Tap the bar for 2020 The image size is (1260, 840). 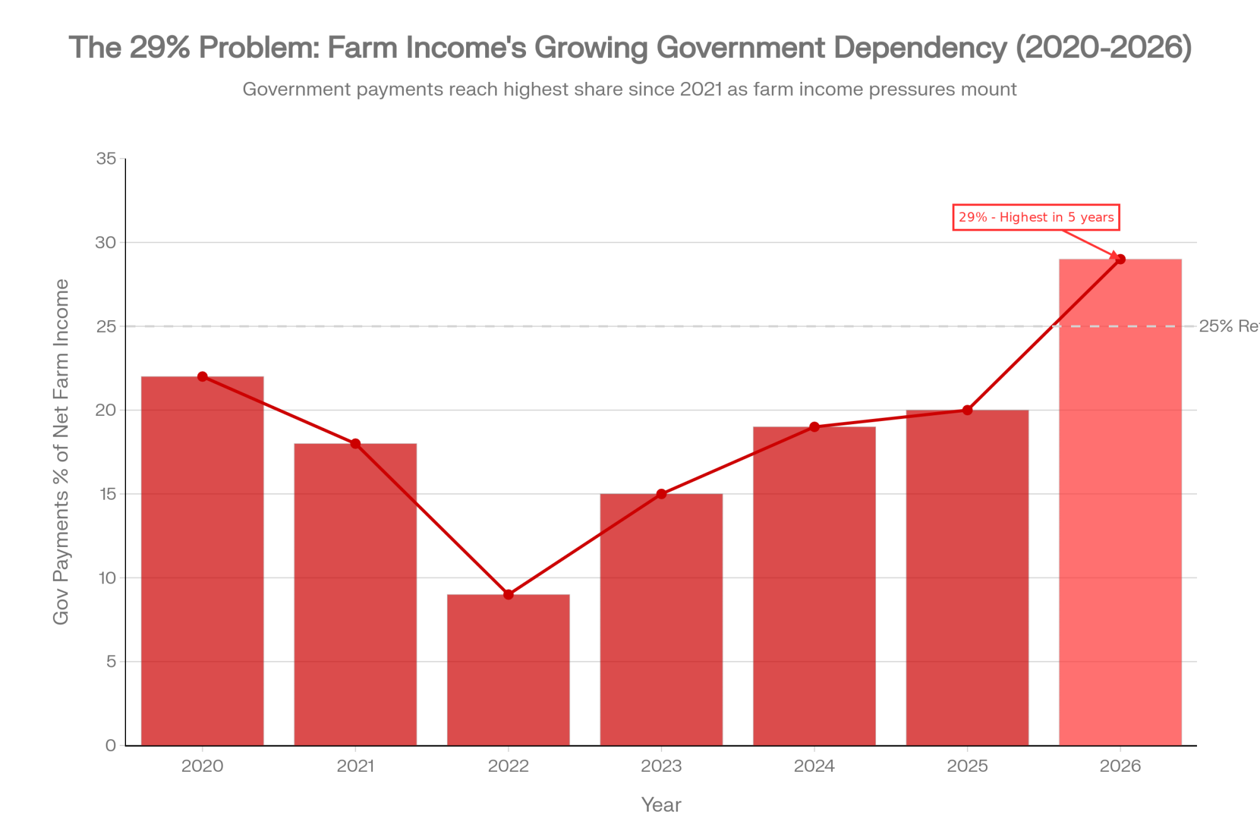coord(202,561)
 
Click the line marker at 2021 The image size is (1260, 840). coord(355,444)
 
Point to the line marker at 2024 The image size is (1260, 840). coord(815,427)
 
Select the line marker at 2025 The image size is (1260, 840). coord(968,410)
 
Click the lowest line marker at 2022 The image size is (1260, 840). coord(508,594)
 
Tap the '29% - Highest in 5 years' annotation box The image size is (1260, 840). coord(1036,217)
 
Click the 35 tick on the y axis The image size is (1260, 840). coord(106,159)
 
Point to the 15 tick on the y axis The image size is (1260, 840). coord(106,494)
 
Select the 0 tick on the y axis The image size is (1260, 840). coord(111,745)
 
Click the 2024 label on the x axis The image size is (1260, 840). coord(815,766)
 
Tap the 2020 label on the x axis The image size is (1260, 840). coord(202,766)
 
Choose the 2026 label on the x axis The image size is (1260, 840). coord(1120,766)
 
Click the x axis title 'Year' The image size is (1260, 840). coord(661,805)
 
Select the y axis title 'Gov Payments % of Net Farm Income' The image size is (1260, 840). coord(61,452)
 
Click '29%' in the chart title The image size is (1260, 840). coord(160,48)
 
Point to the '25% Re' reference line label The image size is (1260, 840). coord(1228,326)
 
